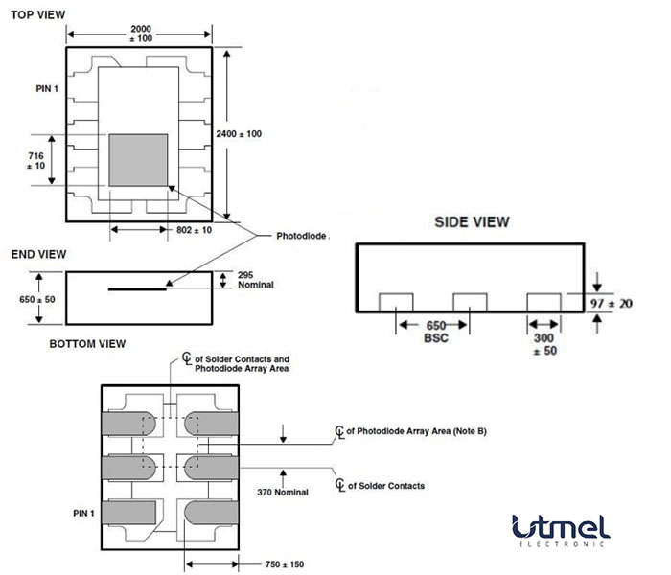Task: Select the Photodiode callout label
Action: tap(302, 236)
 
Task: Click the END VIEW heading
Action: tap(38, 254)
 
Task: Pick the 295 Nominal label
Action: tap(253, 280)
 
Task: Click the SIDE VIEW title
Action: tap(472, 221)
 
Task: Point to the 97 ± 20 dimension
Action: tap(623, 302)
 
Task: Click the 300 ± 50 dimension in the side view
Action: tap(544, 345)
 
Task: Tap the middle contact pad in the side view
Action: tap(471, 302)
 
